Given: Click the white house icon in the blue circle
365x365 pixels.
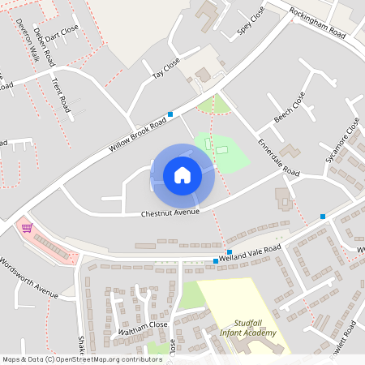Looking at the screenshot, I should (x=182, y=174).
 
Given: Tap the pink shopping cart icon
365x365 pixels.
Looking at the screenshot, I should (x=27, y=228).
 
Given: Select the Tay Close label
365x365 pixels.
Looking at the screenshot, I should (x=166, y=69).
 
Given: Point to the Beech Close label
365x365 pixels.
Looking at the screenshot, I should (x=290, y=107).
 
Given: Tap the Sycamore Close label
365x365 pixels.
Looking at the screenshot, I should (x=341, y=140).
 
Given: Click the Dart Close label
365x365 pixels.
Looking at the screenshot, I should (x=62, y=33).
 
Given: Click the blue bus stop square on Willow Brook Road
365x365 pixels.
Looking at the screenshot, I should (x=170, y=114).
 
